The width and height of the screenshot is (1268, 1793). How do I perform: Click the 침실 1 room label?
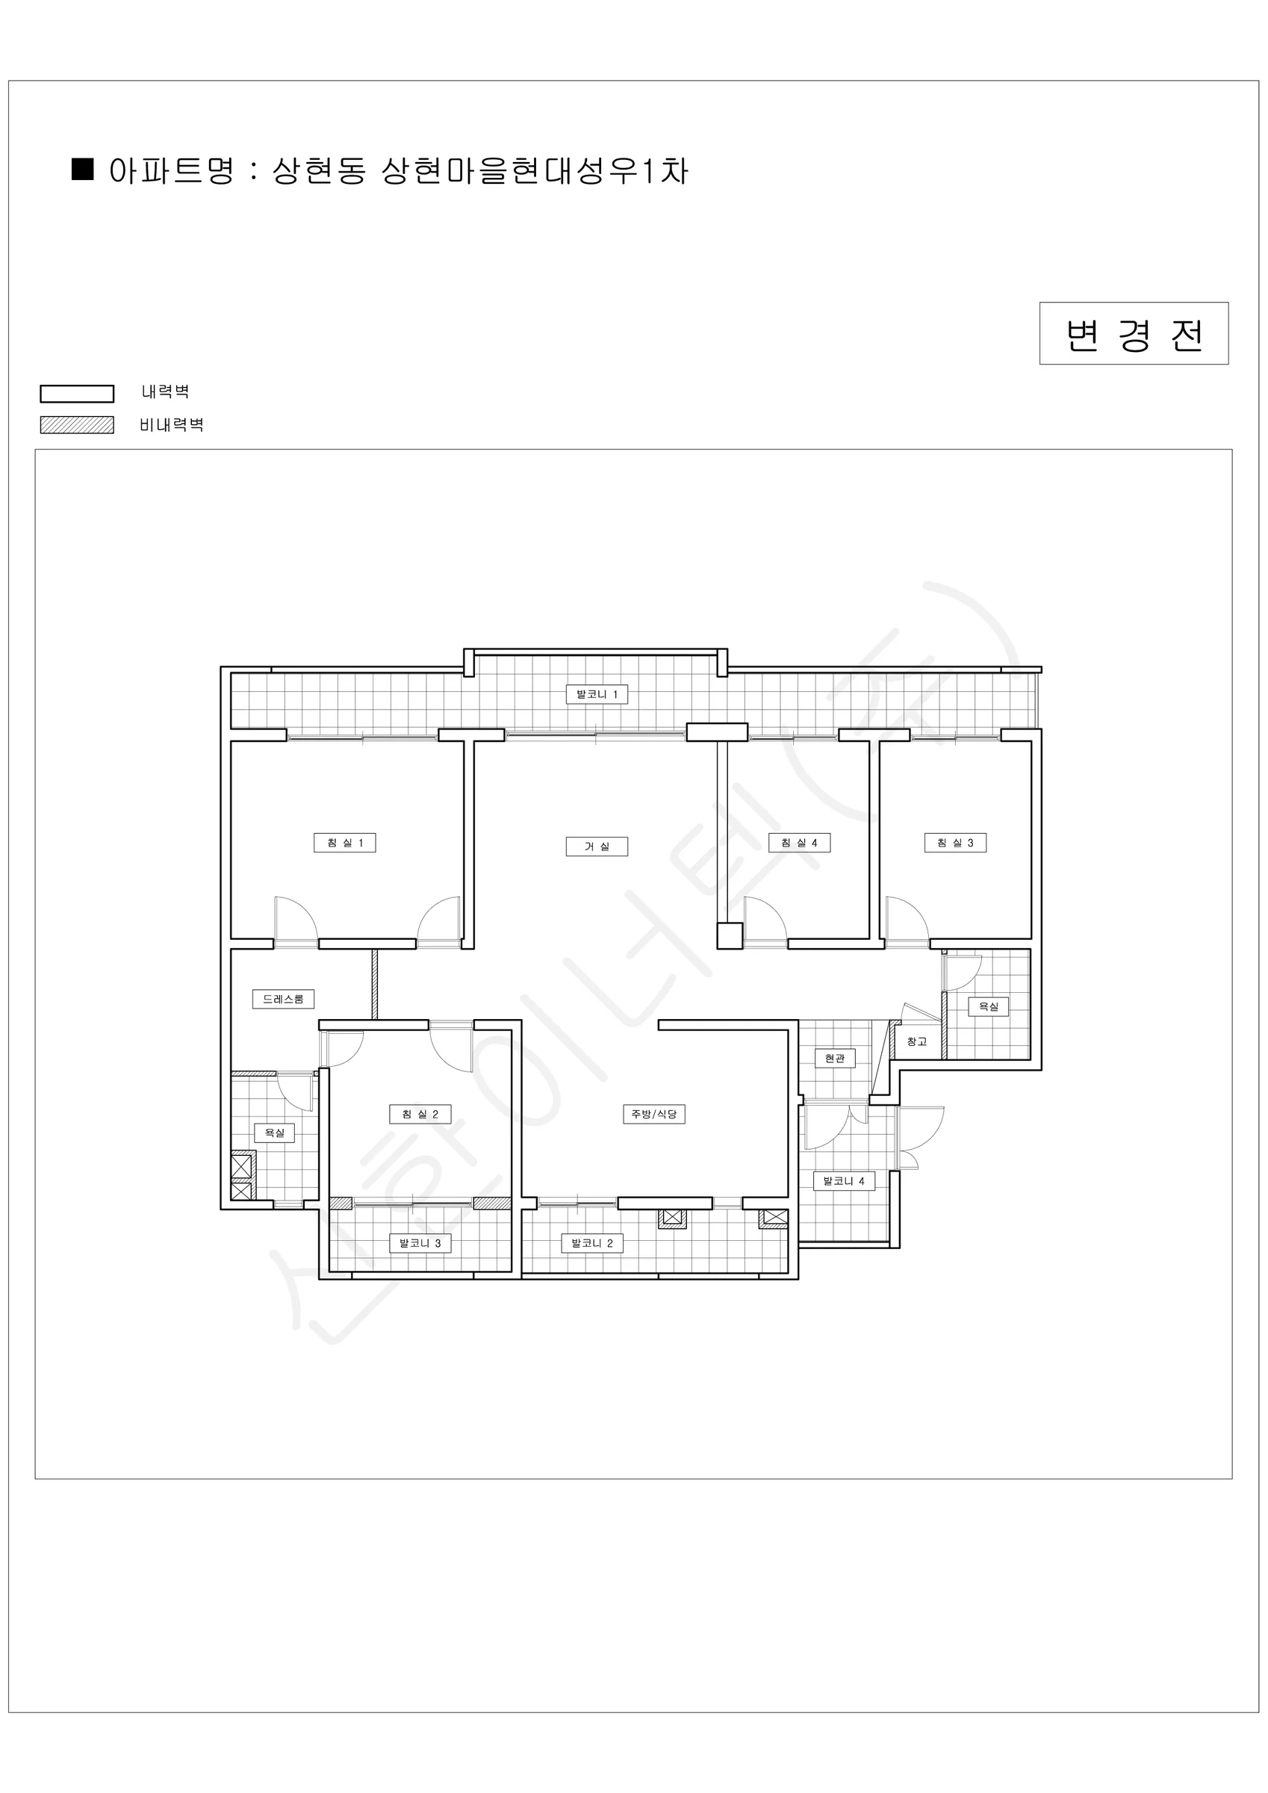pos(344,843)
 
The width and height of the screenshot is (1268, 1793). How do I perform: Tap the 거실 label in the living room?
pos(597,846)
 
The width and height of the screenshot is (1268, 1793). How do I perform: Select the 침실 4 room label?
pos(799,843)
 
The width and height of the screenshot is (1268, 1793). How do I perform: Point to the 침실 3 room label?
pos(955,843)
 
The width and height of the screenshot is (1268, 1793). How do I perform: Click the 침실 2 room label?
pos(420,1115)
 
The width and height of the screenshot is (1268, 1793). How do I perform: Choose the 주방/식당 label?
pos(653,1115)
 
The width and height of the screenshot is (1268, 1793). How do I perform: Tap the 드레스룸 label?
pos(282,999)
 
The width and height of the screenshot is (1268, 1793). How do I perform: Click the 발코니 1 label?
pos(597,694)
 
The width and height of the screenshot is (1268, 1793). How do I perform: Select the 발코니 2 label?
pos(592,1243)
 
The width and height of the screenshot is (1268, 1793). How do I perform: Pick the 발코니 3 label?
pos(420,1243)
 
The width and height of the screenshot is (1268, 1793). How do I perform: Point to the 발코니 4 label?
pos(843,1180)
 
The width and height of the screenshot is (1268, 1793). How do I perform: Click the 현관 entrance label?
pos(835,1058)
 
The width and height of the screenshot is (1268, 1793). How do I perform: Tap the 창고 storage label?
pos(916,1041)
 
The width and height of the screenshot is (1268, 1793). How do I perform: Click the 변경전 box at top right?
pos(1134,333)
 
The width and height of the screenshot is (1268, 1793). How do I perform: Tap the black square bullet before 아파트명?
pos(83,170)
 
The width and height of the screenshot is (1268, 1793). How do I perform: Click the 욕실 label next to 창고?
pos(989,1006)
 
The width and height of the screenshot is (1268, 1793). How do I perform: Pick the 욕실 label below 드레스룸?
pos(274,1133)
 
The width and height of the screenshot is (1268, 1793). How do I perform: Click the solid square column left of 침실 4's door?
pos(730,936)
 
